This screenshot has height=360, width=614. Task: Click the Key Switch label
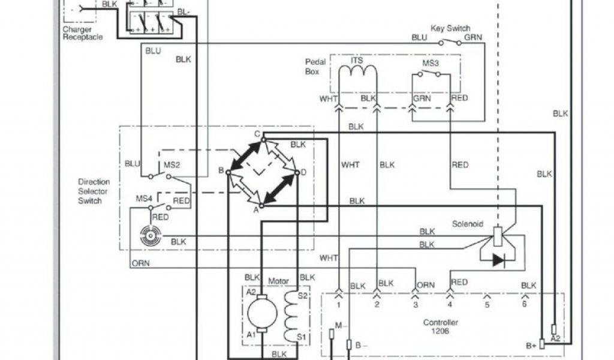pos(450,28)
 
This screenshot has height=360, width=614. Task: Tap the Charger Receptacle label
pos(82,33)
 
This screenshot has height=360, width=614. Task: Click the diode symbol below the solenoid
pos(499,260)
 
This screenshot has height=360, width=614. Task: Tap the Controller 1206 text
pos(441,326)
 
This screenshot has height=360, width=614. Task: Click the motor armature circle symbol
pos(262,311)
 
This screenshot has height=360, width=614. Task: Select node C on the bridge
pos(256,134)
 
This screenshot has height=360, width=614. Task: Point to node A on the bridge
pos(255,210)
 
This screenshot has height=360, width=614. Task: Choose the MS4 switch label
pos(143,198)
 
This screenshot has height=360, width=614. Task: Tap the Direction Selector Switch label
pos(94,191)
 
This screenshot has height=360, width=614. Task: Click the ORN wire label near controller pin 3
pos(425,285)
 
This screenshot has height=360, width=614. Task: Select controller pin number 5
pos(487,304)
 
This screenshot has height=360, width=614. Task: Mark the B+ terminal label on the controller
pos(531,345)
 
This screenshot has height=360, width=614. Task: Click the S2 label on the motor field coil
pos(303,296)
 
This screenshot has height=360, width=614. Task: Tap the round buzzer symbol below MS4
pos(148,236)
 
